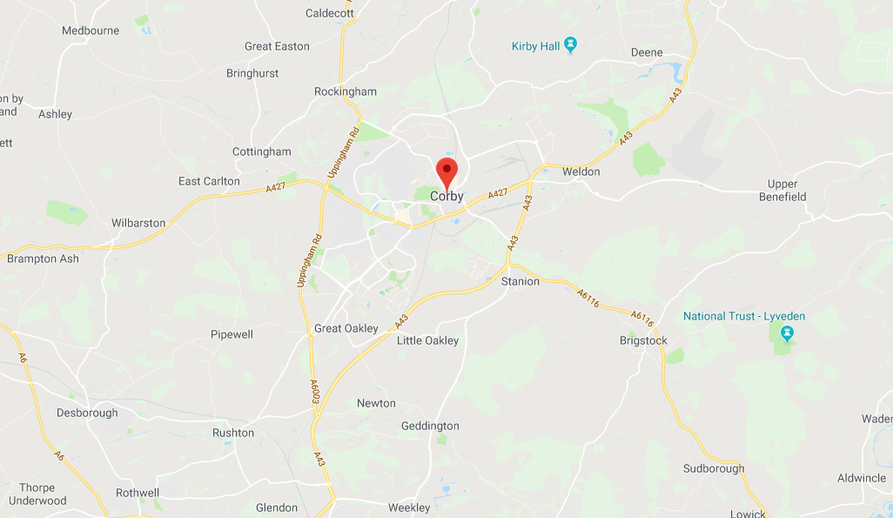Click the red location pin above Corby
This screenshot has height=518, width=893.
[x=446, y=172]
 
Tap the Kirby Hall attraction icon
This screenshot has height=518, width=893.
[x=570, y=44]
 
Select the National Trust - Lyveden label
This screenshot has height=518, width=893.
[x=743, y=316]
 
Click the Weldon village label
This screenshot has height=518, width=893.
[x=581, y=172]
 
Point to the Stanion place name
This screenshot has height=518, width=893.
[x=520, y=281]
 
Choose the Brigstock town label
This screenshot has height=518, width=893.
[x=643, y=340]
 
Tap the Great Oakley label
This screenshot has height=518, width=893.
[x=346, y=328]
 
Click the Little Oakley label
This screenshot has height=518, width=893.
[x=427, y=340]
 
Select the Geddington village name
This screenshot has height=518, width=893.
[x=430, y=426]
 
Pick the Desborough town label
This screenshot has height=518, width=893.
[x=87, y=413]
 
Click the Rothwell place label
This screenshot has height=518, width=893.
[x=138, y=493]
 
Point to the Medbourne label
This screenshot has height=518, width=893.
[x=91, y=30]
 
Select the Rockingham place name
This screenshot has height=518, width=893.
[x=346, y=91]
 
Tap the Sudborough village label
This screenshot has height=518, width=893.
[x=714, y=468]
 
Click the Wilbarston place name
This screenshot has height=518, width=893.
[x=138, y=223]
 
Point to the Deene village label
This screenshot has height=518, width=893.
[x=647, y=52]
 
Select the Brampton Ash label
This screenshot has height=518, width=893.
[x=43, y=259]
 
